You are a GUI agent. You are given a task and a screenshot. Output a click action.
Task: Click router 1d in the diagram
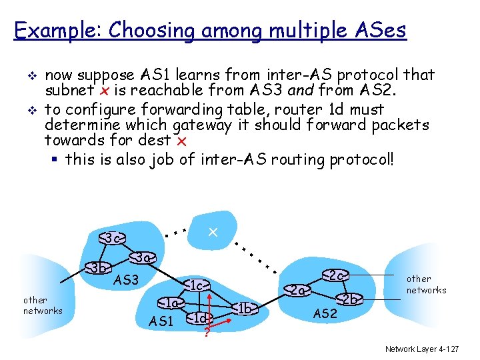point(199,317)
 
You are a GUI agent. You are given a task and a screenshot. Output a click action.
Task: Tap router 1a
point(173,303)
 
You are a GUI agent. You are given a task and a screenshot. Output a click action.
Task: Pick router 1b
point(245,308)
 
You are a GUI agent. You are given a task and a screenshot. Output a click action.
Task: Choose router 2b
point(350,299)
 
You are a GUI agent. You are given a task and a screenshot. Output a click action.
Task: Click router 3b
point(99,269)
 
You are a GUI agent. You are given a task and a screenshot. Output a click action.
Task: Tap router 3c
point(113,238)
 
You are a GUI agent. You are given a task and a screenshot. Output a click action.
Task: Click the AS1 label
point(161,322)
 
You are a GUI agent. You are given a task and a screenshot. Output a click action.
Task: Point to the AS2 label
point(325,313)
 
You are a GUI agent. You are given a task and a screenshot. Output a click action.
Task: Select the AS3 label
point(126,280)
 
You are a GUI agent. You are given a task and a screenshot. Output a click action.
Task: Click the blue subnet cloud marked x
point(212,233)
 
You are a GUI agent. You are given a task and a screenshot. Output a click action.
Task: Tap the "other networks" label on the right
point(426,284)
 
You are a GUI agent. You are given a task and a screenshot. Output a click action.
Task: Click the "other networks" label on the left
point(43,305)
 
